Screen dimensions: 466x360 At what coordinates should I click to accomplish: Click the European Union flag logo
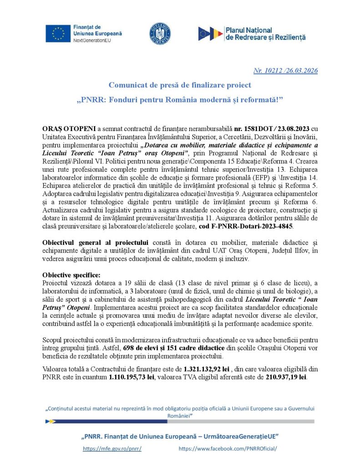tap(58, 33)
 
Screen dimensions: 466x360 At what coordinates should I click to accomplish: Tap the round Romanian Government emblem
tap(160, 33)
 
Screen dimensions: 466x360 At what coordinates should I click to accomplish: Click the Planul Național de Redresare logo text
tap(265, 33)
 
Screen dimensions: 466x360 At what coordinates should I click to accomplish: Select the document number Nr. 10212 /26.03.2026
tap(285, 71)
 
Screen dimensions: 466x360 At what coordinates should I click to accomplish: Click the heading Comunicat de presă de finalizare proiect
tap(180, 85)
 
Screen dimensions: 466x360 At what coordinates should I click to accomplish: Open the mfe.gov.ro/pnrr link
tap(112, 449)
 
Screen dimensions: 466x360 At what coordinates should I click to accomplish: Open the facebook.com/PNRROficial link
tap(228, 449)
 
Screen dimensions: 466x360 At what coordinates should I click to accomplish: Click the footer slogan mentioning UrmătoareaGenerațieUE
tap(180, 436)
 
